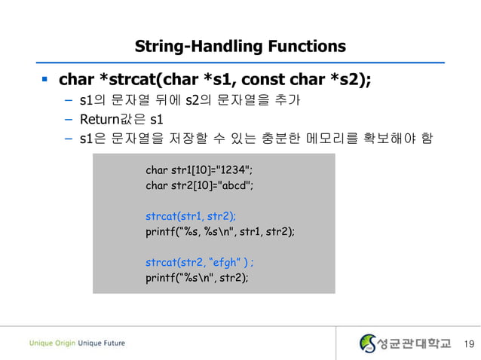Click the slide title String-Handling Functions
coord(240,46)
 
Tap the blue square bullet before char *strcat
coord(44,78)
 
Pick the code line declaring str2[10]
coord(199,185)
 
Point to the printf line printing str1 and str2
coord(219,231)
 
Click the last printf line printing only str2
coord(196,277)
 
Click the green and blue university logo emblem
coord(367,343)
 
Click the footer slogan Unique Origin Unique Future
coord(77,343)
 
